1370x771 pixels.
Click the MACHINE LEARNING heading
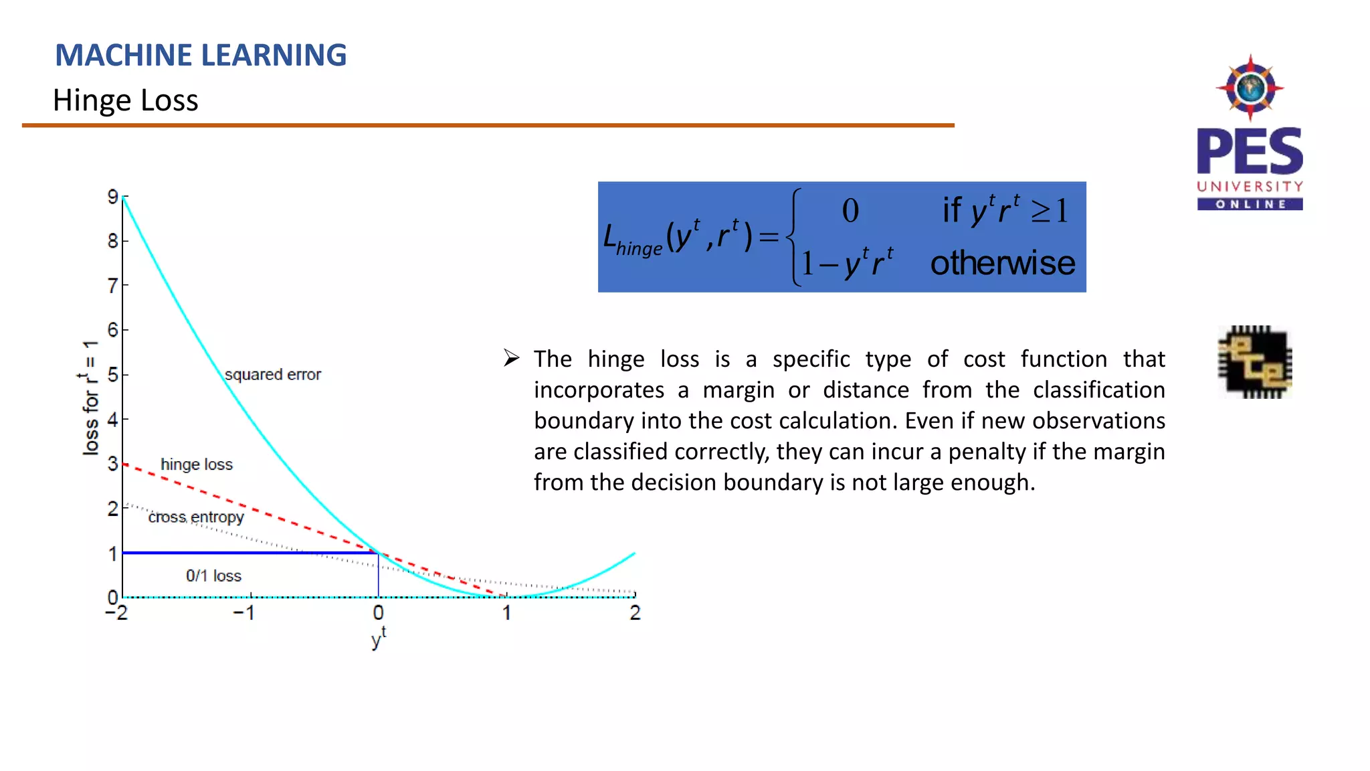(201, 55)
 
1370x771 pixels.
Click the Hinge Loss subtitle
(126, 100)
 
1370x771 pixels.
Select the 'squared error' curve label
(272, 375)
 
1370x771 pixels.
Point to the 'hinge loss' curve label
(197, 464)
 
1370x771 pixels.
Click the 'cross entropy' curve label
(196, 517)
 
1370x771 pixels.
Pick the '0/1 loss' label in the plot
(213, 576)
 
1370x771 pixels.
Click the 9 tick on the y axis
(113, 197)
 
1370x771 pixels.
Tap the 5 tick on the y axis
(113, 375)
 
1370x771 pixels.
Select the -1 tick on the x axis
(244, 612)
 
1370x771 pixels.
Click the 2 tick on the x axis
(635, 612)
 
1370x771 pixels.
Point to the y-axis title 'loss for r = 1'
(90, 398)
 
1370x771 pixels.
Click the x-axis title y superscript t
(379, 638)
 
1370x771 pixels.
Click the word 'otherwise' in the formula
(1002, 263)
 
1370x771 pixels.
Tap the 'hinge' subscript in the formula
(639, 249)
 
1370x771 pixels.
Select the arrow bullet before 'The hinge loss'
(512, 358)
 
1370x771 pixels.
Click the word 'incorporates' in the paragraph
(599, 390)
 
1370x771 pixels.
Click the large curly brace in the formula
(793, 237)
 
